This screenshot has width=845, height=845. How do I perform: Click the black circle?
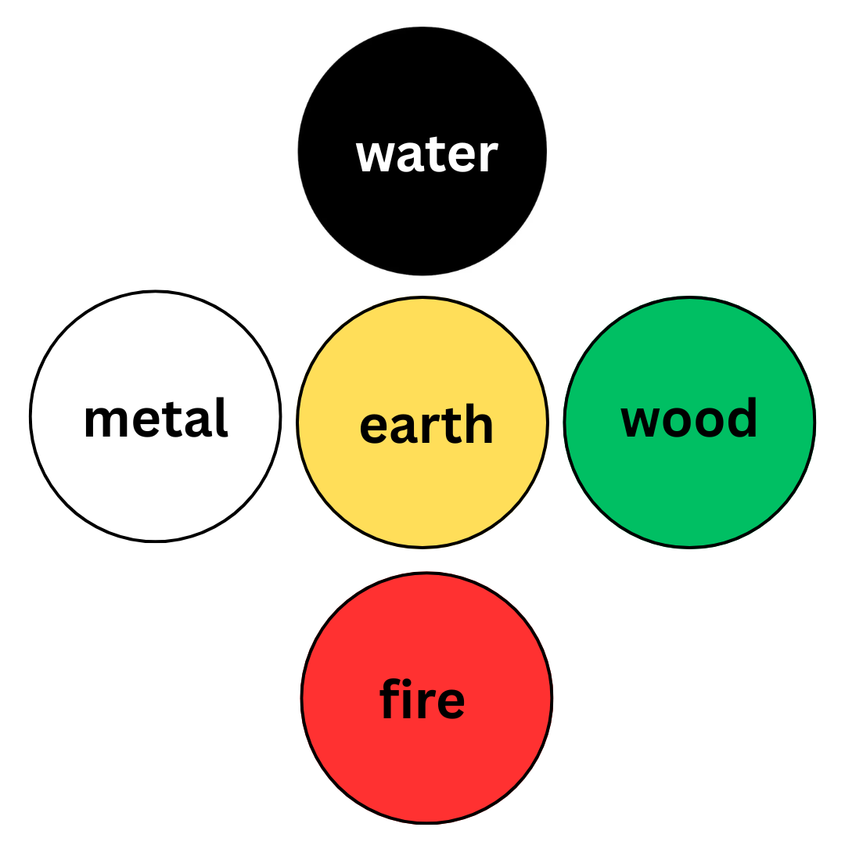422,86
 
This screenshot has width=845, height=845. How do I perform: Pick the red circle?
426,767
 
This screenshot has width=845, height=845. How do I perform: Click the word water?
426,156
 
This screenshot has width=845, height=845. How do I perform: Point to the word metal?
156,420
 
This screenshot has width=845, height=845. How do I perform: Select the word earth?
426,426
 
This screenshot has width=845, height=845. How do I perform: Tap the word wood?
689,420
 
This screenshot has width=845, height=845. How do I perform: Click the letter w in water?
374,156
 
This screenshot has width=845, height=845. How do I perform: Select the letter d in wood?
743,418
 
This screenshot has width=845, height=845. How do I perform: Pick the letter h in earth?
479,423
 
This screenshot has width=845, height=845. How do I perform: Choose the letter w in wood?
639,422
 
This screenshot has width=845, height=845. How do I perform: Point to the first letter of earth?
374,428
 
